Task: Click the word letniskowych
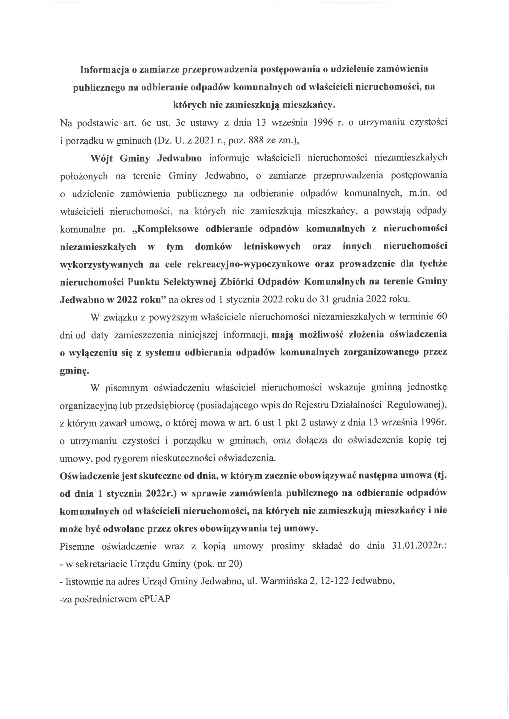click(272, 247)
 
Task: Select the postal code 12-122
click(333, 581)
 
